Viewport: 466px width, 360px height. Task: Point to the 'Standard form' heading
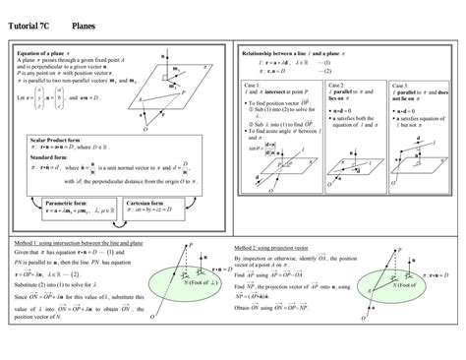47,156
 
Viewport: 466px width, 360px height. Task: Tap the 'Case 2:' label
338,86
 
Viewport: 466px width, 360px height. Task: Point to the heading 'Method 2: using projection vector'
273,247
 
